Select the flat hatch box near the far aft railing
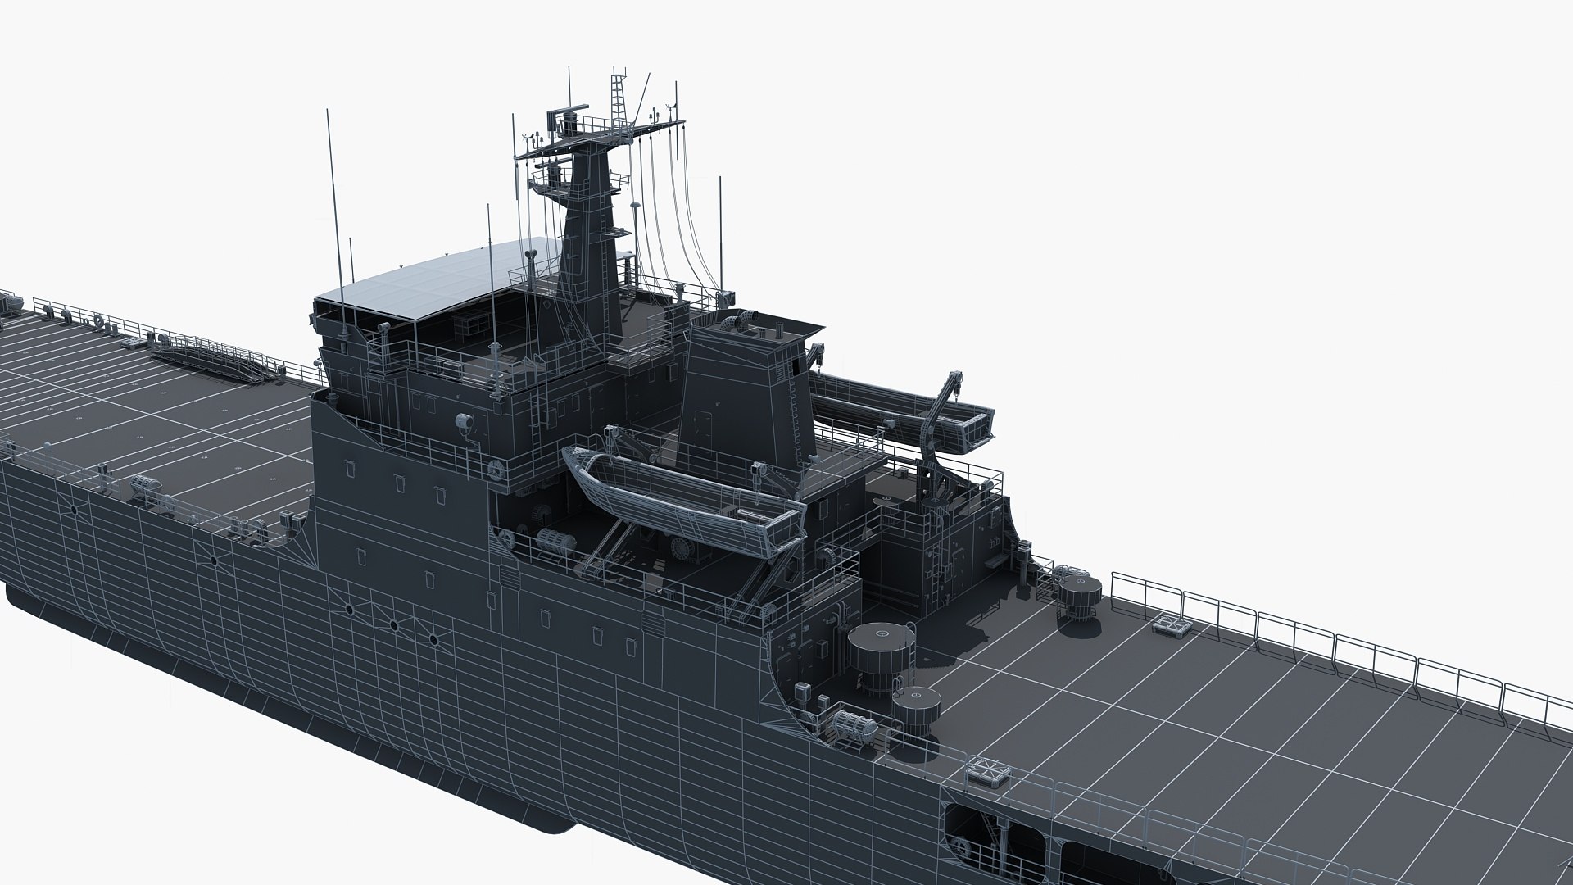tap(1172, 627)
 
